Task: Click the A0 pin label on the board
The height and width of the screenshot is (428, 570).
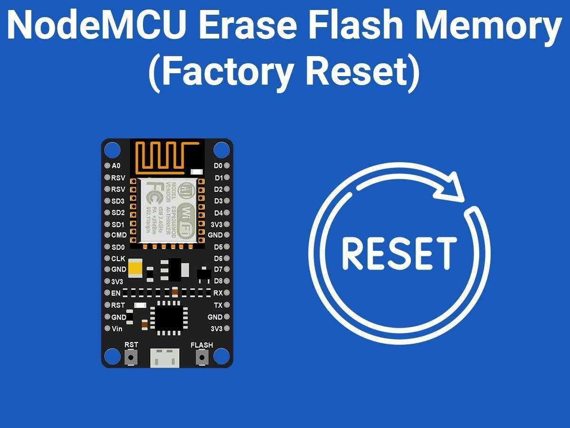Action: point(116,166)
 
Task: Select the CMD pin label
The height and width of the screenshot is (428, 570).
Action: point(119,235)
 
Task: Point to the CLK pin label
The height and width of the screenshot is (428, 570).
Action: point(118,259)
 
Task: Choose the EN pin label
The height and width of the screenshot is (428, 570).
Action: point(116,293)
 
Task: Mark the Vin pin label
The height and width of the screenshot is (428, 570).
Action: point(117,329)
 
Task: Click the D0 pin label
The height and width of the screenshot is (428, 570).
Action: point(218,166)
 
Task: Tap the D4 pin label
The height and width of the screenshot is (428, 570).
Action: point(218,213)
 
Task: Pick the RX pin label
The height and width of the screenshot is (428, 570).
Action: point(218,293)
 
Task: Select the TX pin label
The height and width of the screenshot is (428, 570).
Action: point(218,305)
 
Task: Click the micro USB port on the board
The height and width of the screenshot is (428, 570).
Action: point(165,357)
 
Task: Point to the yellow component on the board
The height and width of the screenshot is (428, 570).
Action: point(135,268)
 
